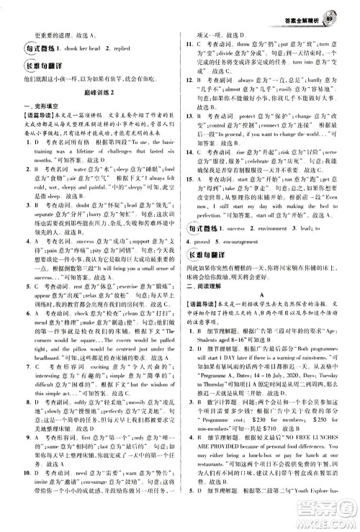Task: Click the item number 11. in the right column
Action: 188,43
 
